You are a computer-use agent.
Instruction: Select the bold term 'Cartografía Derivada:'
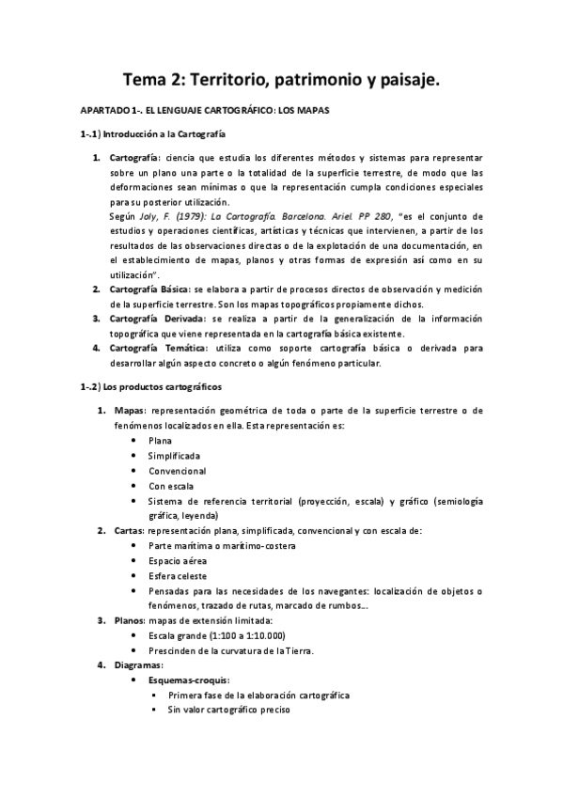pyautogui.click(x=154, y=319)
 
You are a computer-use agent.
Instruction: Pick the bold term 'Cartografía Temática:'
pyautogui.click(x=154, y=348)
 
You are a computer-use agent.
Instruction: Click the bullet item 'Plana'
pyautogui.click(x=161, y=441)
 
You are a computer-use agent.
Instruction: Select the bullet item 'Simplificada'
pyautogui.click(x=174, y=456)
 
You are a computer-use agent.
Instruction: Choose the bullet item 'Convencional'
pyautogui.click(x=177, y=471)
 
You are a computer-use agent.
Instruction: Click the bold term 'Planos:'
pyautogui.click(x=129, y=620)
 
